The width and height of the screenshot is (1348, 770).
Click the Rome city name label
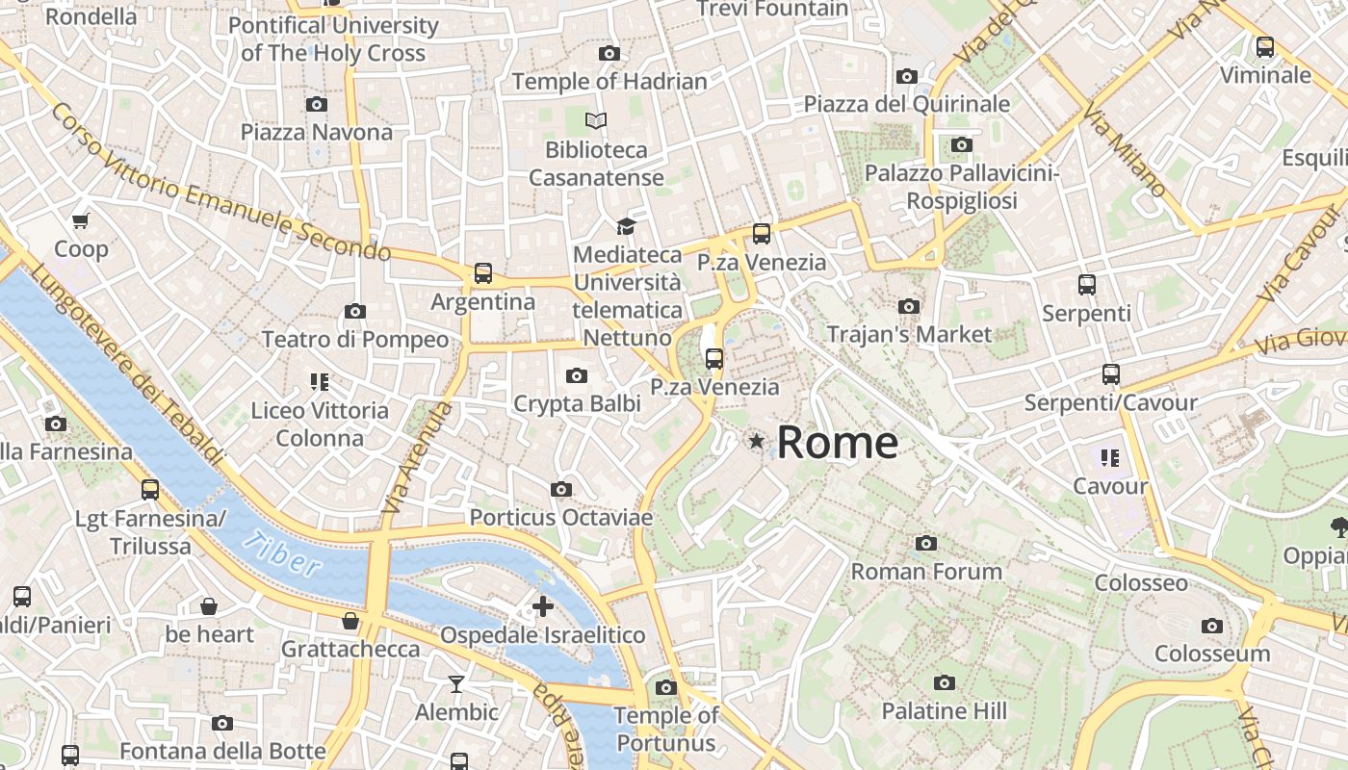(837, 443)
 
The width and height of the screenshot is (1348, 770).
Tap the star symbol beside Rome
(757, 442)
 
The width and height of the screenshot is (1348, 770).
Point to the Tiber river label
(281, 554)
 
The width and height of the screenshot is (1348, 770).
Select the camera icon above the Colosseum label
(1212, 627)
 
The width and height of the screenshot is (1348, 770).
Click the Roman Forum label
(926, 572)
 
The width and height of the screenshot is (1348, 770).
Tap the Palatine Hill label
(944, 711)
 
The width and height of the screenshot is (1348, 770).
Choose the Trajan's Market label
(909, 334)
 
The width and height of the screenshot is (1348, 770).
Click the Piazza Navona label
(317, 132)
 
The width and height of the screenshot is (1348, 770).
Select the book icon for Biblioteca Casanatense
(596, 121)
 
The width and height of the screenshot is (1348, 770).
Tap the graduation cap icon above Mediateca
(627, 226)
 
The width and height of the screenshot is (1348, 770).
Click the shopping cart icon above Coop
(81, 220)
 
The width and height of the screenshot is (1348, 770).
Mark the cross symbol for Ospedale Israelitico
(543, 606)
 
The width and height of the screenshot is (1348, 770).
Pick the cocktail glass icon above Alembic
(456, 684)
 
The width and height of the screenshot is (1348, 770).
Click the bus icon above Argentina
(482, 273)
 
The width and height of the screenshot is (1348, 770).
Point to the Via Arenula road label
(416, 457)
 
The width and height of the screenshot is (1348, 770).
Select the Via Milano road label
(1124, 151)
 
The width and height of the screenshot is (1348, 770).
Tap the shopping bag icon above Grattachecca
(350, 621)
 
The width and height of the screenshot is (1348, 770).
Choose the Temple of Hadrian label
(609, 82)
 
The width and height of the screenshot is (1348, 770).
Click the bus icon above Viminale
(1265, 46)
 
